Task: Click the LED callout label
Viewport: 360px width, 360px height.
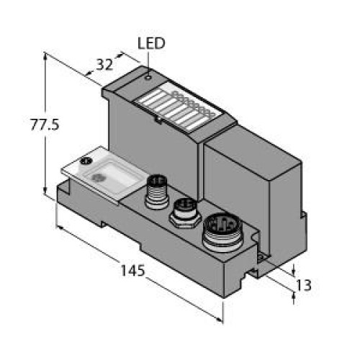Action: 151,43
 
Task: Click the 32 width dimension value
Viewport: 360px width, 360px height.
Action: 104,64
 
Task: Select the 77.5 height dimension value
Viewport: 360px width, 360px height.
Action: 45,125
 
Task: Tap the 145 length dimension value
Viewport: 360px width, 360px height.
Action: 132,270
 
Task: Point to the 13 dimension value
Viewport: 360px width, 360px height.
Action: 304,285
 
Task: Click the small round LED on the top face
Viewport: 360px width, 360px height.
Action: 148,78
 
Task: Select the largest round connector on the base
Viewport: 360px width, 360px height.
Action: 222,232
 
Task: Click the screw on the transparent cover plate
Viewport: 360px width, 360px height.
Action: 86,161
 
